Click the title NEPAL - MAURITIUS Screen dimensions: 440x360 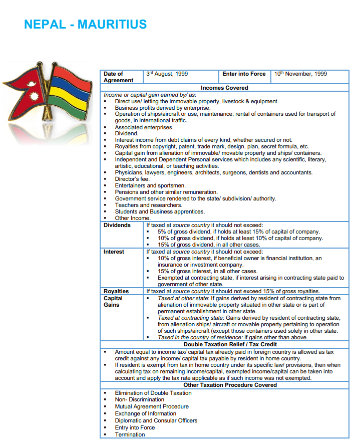[85, 24]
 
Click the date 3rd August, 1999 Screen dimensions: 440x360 [167, 74]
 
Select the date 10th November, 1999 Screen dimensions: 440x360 [300, 74]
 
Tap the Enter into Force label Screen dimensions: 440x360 [244, 74]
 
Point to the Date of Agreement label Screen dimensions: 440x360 [118, 77]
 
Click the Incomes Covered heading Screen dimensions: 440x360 [224, 88]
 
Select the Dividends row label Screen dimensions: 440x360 [117, 226]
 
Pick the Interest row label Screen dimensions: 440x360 [114, 252]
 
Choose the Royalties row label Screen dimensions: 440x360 [116, 291]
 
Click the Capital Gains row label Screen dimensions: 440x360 [113, 301]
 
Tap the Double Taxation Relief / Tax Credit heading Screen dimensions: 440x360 [224, 345]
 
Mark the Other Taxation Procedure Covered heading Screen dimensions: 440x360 [224, 385]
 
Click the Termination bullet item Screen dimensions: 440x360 [130, 434]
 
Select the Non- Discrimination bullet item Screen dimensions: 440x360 [139, 400]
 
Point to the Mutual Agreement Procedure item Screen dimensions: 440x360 [152, 407]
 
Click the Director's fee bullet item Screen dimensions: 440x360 [133, 179]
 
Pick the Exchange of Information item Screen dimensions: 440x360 [145, 414]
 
